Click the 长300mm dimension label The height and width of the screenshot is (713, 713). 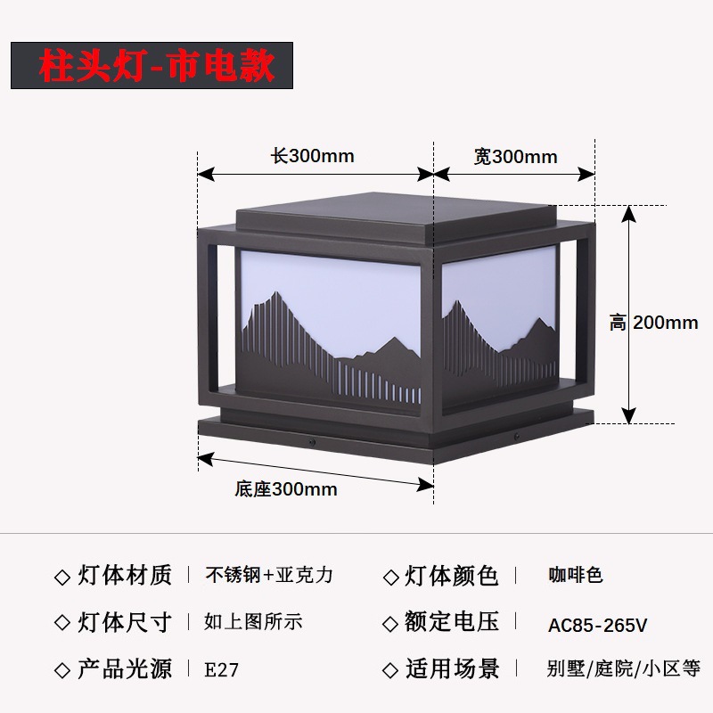pyautogui.click(x=313, y=156)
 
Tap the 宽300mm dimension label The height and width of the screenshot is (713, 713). pyautogui.click(x=515, y=157)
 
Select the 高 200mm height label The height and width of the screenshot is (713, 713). pyautogui.click(x=654, y=323)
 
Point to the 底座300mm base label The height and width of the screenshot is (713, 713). pyautogui.click(x=286, y=488)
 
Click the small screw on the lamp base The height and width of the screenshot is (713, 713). pyautogui.click(x=310, y=441)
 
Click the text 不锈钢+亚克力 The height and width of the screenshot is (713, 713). pyautogui.click(x=269, y=575)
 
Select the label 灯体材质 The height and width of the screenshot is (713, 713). pyautogui.click(x=125, y=575)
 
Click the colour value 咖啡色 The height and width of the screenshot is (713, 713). pyautogui.click(x=576, y=575)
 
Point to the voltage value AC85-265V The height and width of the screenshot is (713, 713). pyautogui.click(x=597, y=625)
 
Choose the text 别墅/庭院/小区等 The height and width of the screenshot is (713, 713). pyautogui.click(x=624, y=668)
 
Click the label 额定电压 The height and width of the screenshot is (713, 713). pyautogui.click(x=452, y=622)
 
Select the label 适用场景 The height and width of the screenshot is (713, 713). pyautogui.click(x=452, y=668)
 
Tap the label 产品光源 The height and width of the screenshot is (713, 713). pyautogui.click(x=125, y=668)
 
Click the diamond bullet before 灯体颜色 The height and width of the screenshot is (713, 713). pyautogui.click(x=390, y=578)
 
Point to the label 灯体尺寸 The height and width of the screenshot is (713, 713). pyautogui.click(x=125, y=622)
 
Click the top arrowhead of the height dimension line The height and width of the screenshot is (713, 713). pyautogui.click(x=630, y=214)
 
